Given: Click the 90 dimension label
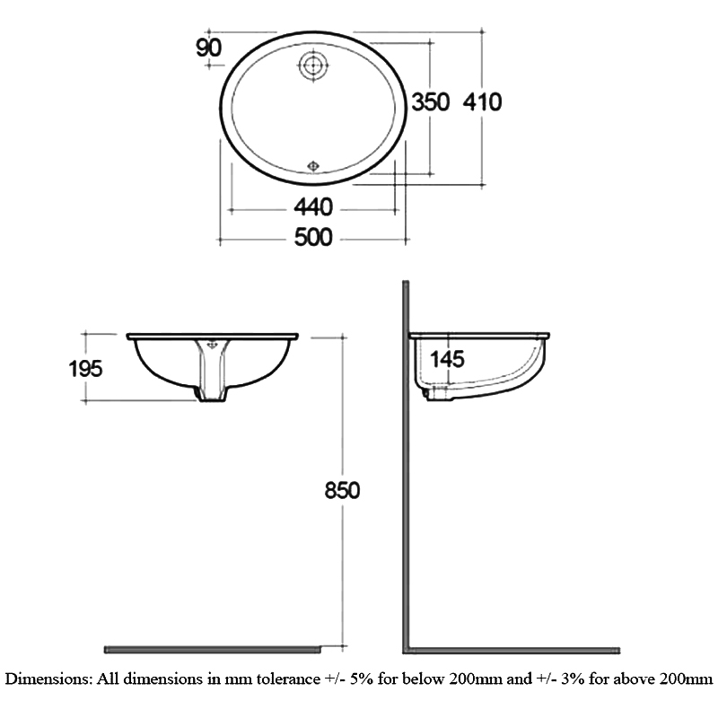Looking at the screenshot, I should click(x=208, y=48).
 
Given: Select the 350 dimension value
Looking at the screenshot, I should click(x=430, y=102).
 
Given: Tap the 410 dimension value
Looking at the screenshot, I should click(x=482, y=102).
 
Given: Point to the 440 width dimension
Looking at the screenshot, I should click(x=313, y=208).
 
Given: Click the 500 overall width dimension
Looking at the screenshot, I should click(x=313, y=238).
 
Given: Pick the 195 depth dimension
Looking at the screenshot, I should click(x=85, y=367).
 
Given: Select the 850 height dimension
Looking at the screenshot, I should click(x=341, y=491).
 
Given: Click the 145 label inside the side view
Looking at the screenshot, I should click(x=446, y=360).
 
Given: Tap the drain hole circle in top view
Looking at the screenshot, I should click(x=313, y=65).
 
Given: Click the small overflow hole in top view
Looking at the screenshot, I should click(x=313, y=165).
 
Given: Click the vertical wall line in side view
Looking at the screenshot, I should click(x=406, y=467).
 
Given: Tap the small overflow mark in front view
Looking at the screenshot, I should click(x=214, y=342).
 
